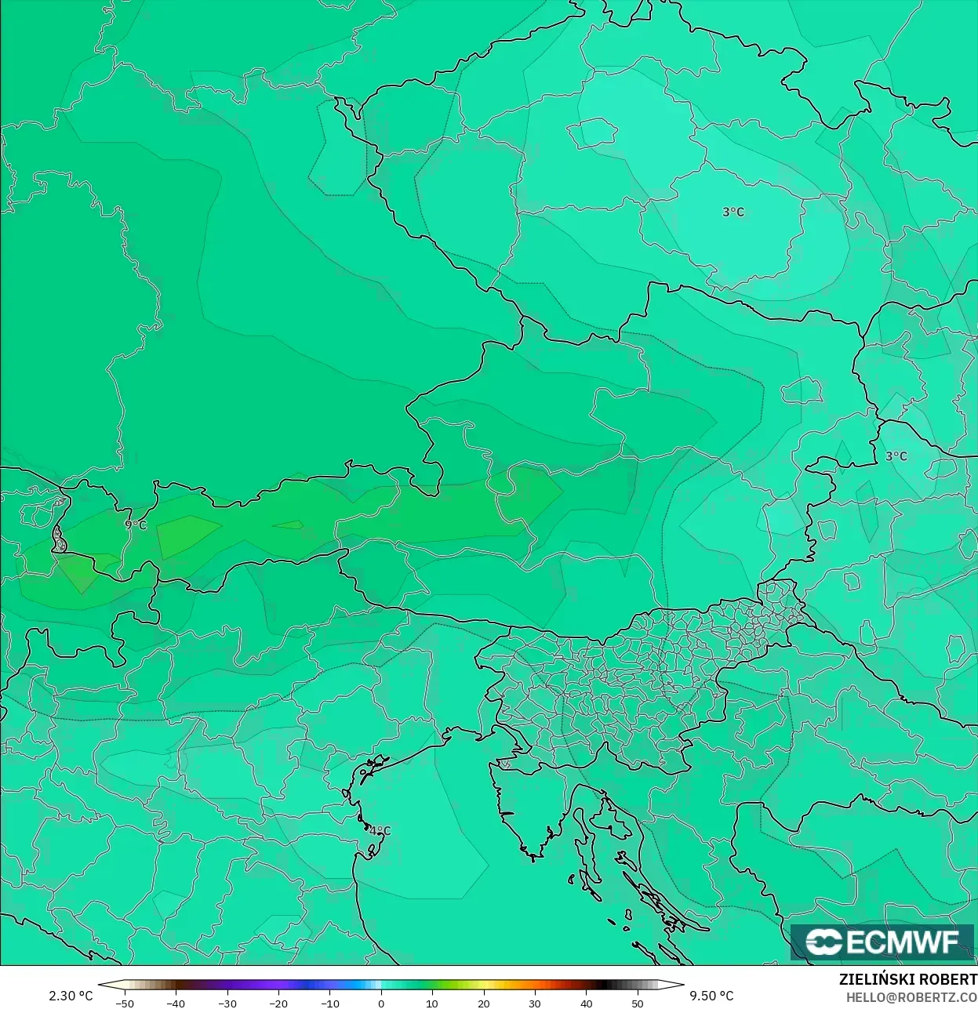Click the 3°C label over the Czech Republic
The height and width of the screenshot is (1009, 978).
[x=733, y=212]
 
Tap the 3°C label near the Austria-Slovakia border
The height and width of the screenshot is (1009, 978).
[x=896, y=456]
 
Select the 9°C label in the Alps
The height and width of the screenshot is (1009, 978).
[x=136, y=525]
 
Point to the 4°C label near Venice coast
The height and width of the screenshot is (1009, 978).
[x=380, y=831]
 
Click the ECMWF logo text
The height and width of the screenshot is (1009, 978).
[x=902, y=942]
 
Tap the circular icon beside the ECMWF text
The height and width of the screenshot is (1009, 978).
[x=823, y=942]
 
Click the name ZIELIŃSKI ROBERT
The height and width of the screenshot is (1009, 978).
[x=907, y=979]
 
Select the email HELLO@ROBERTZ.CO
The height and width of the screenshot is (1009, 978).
[x=911, y=996]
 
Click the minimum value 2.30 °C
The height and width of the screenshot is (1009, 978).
[x=71, y=996]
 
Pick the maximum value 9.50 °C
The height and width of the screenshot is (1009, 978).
[x=711, y=996]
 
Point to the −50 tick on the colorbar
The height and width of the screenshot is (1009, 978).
[x=124, y=1004]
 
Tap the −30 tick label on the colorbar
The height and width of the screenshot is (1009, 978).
[x=227, y=1004]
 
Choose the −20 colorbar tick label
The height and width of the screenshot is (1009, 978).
[x=278, y=1004]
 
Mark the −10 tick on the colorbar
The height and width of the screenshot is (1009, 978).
[x=329, y=1004]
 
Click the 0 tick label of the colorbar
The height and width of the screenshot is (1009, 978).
[x=381, y=1004]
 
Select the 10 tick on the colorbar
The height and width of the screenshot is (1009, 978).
[x=432, y=1004]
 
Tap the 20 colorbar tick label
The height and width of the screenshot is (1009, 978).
[x=483, y=1004]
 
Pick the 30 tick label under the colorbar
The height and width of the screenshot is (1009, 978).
[x=535, y=1004]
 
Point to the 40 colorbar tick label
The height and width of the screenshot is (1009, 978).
[x=586, y=1004]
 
